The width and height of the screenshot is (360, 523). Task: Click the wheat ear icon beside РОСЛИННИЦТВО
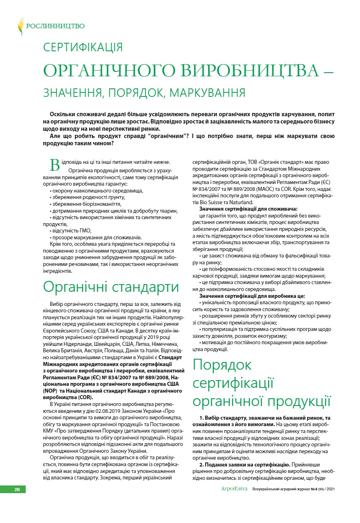tap(20, 26)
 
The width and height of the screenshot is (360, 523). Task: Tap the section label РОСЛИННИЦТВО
tap(55, 26)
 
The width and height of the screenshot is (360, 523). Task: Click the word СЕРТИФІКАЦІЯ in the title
tap(83, 47)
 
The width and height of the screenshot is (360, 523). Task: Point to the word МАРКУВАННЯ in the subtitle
tap(207, 93)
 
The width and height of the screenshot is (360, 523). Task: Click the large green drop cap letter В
tap(54, 165)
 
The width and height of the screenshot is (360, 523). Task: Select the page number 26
tap(17, 490)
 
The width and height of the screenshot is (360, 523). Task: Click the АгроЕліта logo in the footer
tap(233, 489)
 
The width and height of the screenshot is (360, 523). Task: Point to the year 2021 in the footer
tap(330, 490)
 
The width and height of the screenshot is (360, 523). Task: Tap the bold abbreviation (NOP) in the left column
tap(50, 391)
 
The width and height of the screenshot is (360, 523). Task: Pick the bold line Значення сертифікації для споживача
tap(248, 209)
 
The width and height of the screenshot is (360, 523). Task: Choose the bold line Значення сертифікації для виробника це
tap(249, 296)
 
